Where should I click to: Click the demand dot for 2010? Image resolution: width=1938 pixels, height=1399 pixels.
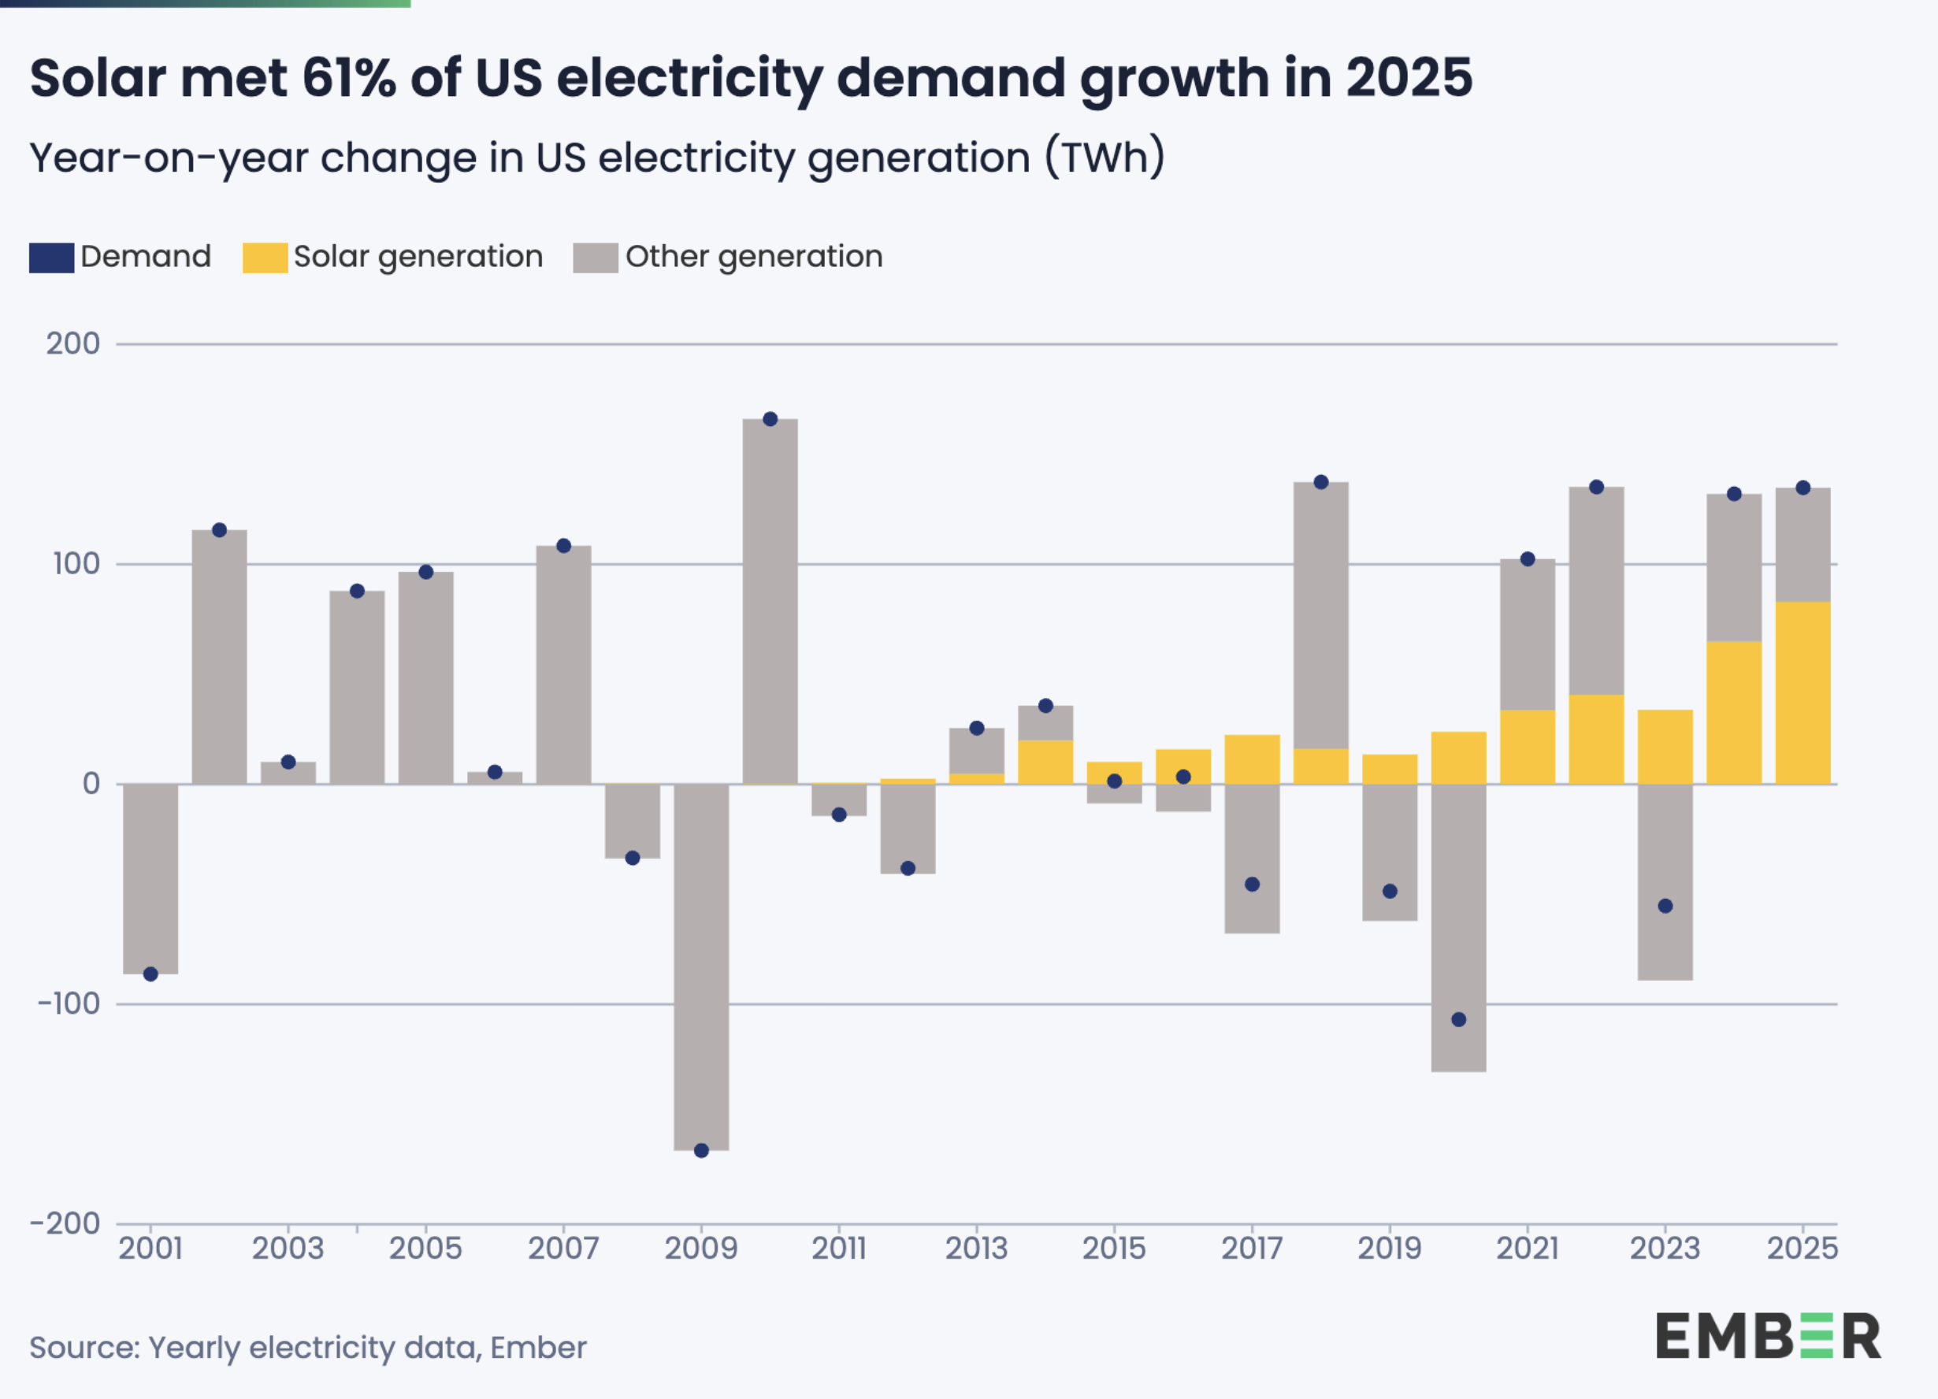[x=770, y=419]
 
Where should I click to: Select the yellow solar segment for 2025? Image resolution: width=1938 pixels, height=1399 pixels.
[x=1803, y=692]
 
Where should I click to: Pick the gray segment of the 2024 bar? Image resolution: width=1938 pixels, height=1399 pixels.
[x=1734, y=568]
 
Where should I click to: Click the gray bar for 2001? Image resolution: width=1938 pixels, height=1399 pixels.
[x=150, y=878]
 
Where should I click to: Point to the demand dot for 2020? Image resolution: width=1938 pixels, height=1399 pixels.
[x=1459, y=1019]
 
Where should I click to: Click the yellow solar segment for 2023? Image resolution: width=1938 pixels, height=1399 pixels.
[x=1665, y=747]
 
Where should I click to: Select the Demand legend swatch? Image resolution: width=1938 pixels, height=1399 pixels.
[x=51, y=258]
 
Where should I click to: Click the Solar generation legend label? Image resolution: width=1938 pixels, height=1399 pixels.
[x=418, y=256]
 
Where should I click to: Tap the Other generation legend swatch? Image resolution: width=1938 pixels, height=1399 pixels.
[x=595, y=258]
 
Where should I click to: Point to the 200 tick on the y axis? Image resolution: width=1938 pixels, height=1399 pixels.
[x=72, y=343]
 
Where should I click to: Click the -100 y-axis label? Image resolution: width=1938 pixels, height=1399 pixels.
[x=69, y=1004]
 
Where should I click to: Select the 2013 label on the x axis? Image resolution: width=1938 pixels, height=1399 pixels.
[x=976, y=1248]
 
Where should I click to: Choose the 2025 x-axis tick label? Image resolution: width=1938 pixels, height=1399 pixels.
[x=1802, y=1248]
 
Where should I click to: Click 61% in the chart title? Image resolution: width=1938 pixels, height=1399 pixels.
[x=349, y=79]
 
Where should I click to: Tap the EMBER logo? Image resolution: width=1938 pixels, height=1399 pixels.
[x=1769, y=1336]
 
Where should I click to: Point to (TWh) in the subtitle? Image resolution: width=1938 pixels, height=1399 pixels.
[x=1105, y=158]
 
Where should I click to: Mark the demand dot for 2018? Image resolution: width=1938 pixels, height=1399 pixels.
[x=1321, y=482]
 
